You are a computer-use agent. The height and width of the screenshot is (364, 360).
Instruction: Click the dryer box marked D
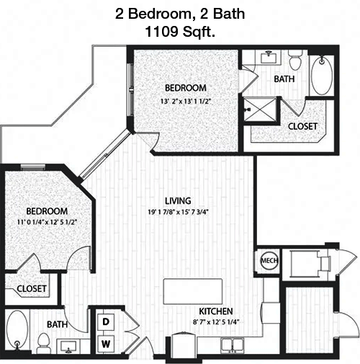click(x=106, y=322)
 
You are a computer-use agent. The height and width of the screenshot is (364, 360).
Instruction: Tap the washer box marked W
click(x=106, y=344)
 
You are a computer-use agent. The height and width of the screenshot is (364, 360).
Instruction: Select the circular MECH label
click(x=269, y=261)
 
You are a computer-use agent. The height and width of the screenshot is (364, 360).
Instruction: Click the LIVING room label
click(x=178, y=200)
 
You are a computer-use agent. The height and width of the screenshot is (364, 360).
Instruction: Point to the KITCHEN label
click(x=216, y=311)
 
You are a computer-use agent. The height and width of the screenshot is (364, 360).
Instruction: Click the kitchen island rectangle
click(x=193, y=291)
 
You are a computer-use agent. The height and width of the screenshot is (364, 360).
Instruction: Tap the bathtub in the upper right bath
click(x=322, y=75)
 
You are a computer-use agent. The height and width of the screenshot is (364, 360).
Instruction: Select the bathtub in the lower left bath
click(x=17, y=331)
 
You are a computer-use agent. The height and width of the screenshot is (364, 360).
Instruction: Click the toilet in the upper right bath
click(x=295, y=61)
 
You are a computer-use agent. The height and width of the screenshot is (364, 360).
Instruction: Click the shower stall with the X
click(x=260, y=110)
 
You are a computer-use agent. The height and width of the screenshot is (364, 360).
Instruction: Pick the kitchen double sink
click(x=233, y=345)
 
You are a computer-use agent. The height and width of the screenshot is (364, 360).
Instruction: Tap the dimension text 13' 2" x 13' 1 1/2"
click(x=186, y=102)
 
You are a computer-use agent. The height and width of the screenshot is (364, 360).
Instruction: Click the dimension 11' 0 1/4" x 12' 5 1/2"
click(x=47, y=222)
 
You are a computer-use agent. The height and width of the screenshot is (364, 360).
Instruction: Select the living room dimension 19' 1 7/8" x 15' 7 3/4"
click(x=178, y=212)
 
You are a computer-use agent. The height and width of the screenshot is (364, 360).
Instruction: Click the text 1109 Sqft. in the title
click(x=180, y=32)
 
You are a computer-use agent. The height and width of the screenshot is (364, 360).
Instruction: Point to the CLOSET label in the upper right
click(x=302, y=126)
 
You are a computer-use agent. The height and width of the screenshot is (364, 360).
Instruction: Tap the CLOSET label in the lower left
click(x=32, y=288)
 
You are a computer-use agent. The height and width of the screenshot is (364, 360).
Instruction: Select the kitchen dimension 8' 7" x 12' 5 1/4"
click(x=216, y=322)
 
